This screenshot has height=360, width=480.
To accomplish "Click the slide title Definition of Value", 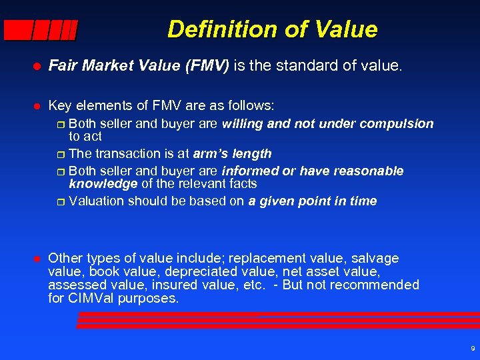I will (x=272, y=29).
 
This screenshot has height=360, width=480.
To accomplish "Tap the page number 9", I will (x=472, y=349).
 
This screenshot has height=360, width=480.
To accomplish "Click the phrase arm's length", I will (x=232, y=154).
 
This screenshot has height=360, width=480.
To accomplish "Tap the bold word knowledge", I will (x=103, y=183).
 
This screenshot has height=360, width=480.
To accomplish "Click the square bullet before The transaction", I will (x=61, y=155).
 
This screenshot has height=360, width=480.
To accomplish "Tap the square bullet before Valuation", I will (x=61, y=201).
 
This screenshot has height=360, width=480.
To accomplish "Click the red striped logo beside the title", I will (x=41, y=30).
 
